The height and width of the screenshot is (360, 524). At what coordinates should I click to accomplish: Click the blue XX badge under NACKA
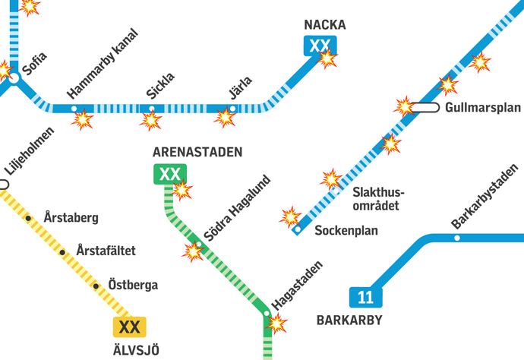pos(320,46)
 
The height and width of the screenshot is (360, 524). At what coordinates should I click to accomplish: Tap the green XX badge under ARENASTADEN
pos(169,175)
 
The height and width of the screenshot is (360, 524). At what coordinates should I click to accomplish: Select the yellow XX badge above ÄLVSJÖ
pos(129,327)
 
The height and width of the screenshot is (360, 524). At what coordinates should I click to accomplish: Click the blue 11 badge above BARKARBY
pos(365,297)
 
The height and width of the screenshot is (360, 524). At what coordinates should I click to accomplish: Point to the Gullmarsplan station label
pos(483,107)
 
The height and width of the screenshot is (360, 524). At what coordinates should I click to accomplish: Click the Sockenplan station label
pos(346,230)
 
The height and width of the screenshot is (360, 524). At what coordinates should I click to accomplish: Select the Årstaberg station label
pos(71,218)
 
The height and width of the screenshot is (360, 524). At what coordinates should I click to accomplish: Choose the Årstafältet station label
pos(106,251)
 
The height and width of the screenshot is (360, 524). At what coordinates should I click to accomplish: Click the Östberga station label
pos(133,286)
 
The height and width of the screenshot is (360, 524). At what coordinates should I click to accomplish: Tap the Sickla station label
pos(160,86)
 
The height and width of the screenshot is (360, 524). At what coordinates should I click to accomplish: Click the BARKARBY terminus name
pos(349,320)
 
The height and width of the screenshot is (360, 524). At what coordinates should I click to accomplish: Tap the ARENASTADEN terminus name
pos(197,153)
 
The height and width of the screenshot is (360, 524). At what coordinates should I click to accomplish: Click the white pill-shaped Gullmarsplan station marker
pos(425,108)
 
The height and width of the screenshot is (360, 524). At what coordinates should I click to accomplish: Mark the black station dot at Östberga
pos(96,286)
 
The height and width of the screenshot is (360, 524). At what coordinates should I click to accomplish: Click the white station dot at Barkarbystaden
pos(457,238)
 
